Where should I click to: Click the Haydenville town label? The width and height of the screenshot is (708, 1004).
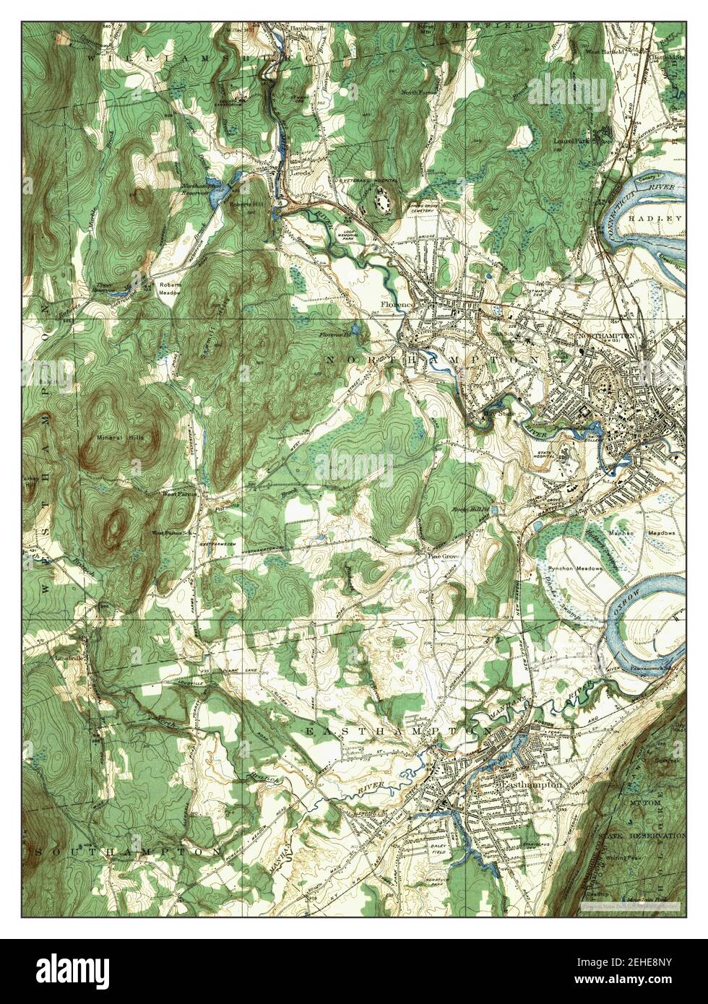pyautogui.click(x=290, y=29)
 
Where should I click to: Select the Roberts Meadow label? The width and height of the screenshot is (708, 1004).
pyautogui.click(x=171, y=288)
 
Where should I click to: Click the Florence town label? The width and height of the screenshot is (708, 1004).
pyautogui.click(x=397, y=305)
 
